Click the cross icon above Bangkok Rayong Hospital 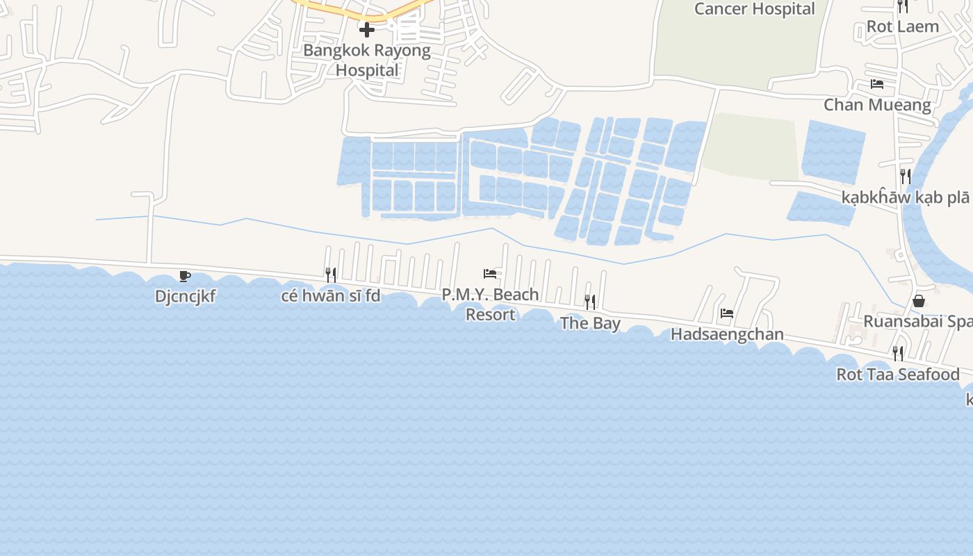[x=367, y=30]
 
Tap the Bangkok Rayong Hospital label [x=367, y=60]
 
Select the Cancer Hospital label [x=754, y=9]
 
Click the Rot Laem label [x=902, y=26]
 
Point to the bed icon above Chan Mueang [x=877, y=84]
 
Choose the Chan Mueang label [x=877, y=105]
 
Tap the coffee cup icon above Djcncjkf [x=185, y=277]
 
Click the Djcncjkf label [x=185, y=297]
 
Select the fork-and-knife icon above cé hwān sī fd [x=331, y=275]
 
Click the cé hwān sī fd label [x=331, y=296]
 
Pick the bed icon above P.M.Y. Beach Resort [x=490, y=274]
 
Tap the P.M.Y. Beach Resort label [x=490, y=304]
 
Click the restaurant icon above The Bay [x=590, y=302]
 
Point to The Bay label [x=590, y=323]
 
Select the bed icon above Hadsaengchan [x=727, y=313]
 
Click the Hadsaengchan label [x=727, y=334]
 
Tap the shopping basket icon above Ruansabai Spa [x=919, y=301]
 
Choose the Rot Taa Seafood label [x=898, y=375]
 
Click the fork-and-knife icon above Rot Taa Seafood [x=898, y=354]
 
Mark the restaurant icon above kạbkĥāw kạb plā [x=906, y=176]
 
